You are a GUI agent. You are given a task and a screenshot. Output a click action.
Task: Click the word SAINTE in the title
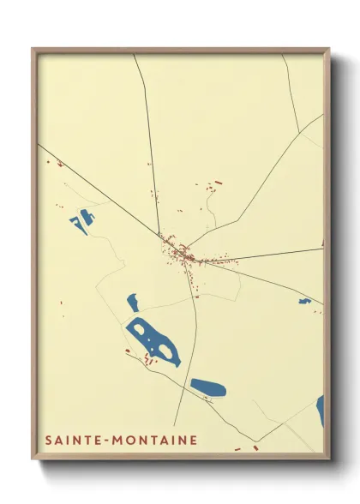(71, 441)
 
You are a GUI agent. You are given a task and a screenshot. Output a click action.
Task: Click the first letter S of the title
(48, 441)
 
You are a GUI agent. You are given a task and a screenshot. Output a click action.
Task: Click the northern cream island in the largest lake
(140, 328)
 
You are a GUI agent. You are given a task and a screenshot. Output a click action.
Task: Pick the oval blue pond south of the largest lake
(207, 387)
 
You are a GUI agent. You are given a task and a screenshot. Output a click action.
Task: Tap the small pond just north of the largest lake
(133, 302)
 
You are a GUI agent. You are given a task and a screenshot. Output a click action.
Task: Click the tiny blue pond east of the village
(304, 301)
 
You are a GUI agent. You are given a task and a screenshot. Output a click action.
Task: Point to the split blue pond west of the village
(81, 221)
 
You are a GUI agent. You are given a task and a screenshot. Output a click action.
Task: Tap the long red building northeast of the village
(218, 183)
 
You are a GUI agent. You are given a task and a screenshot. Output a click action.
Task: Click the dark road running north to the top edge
(147, 129)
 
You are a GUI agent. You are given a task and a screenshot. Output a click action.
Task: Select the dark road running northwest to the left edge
(94, 189)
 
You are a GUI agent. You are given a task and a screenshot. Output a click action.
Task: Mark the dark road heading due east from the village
(274, 254)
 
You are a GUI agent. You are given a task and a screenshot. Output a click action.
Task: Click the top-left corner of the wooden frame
(33, 50)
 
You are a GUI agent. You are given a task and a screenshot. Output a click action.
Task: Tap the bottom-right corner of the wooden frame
(328, 458)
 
